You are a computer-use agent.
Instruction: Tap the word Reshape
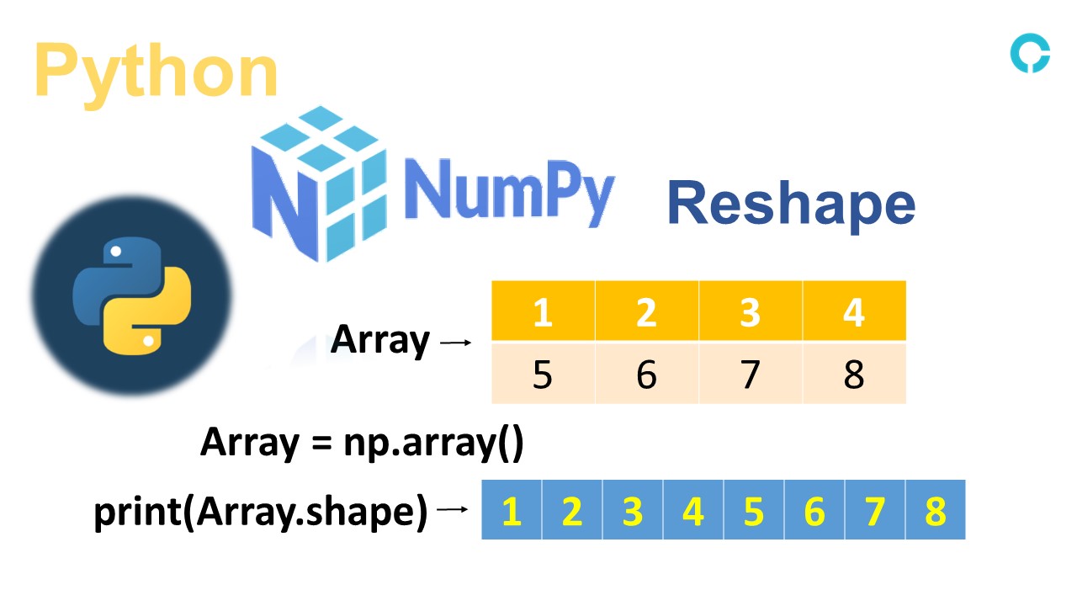pos(791,205)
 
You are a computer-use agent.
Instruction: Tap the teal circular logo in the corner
pos(1030,52)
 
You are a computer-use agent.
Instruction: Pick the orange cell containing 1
pos(543,312)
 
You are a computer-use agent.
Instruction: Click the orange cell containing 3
pos(750,312)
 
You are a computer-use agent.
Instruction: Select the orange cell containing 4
pos(854,312)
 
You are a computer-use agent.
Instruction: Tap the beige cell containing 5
pos(543,374)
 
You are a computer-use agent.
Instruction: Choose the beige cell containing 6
pos(646,374)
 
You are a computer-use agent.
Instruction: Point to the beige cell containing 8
pos(854,374)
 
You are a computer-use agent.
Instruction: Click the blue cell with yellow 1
pos(512,510)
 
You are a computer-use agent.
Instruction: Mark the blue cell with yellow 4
pos(693,510)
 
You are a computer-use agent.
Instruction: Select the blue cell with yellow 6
pos(814,510)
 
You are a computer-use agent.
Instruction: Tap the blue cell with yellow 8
pos(936,510)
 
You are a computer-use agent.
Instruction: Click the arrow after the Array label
pos(455,343)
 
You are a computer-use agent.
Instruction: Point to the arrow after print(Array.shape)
pos(453,509)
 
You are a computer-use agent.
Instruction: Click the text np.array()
pos(433,442)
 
